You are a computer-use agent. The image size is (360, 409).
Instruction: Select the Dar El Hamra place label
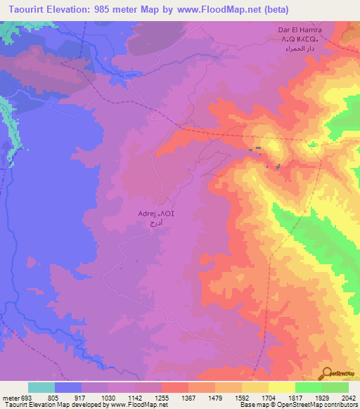pyautogui.click(x=298, y=31)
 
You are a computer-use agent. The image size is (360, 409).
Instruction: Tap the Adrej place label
pyautogui.click(x=145, y=212)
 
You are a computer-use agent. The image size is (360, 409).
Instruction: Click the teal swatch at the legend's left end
pyautogui.click(x=41, y=387)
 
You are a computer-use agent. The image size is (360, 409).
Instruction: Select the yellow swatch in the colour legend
pyautogui.click(x=282, y=387)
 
